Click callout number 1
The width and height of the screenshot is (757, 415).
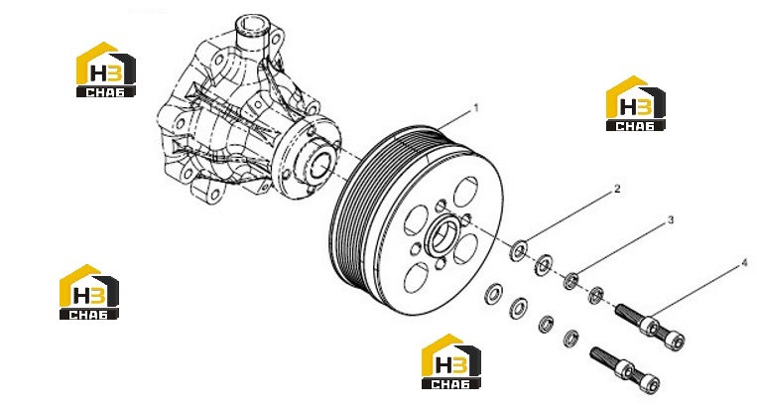click(x=476, y=108)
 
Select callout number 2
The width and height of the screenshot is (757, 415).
click(x=617, y=189)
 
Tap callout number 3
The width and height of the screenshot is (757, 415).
click(x=670, y=220)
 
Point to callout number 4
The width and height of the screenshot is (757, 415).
click(x=744, y=263)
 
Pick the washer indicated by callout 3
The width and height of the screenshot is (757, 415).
click(x=571, y=280)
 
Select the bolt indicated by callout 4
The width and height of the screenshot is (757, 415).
click(x=650, y=326)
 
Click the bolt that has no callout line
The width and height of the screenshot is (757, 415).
click(x=625, y=369)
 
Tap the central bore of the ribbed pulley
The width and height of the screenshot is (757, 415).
click(x=442, y=236)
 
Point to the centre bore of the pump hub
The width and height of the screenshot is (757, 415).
click(x=319, y=167)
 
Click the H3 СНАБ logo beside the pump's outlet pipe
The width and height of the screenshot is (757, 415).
click(x=106, y=69)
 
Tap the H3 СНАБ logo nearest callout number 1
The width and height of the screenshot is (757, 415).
click(x=635, y=103)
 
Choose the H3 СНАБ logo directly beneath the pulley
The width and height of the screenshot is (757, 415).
click(x=450, y=361)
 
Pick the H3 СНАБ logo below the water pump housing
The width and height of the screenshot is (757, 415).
click(x=89, y=292)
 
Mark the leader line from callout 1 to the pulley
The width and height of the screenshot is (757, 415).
click(x=455, y=120)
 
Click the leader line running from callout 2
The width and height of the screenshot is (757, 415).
click(x=568, y=216)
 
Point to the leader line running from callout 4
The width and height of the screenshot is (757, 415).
click(x=696, y=293)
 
